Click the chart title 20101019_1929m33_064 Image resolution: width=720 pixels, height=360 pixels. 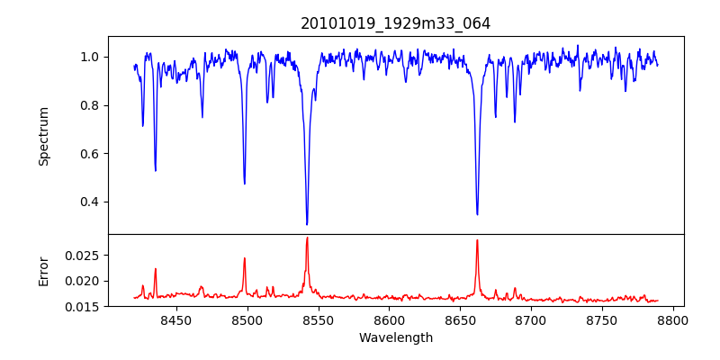pyautogui.click(x=395, y=23)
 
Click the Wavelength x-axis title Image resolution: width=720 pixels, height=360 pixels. pyautogui.click(x=395, y=337)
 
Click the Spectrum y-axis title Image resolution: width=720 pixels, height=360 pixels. pyautogui.click(x=43, y=136)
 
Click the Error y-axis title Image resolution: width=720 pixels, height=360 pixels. pyautogui.click(x=43, y=270)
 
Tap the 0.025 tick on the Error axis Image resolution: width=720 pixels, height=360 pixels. pyautogui.click(x=85, y=256)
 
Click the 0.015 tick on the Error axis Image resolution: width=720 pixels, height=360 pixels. pyautogui.click(x=85, y=307)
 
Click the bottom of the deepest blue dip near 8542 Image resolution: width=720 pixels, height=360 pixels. pyautogui.click(x=307, y=224)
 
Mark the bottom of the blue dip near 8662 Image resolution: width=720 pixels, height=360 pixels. pyautogui.click(x=477, y=214)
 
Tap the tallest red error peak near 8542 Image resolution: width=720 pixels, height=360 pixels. pyautogui.click(x=307, y=238)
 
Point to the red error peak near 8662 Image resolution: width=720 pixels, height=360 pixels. pyautogui.click(x=477, y=240)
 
